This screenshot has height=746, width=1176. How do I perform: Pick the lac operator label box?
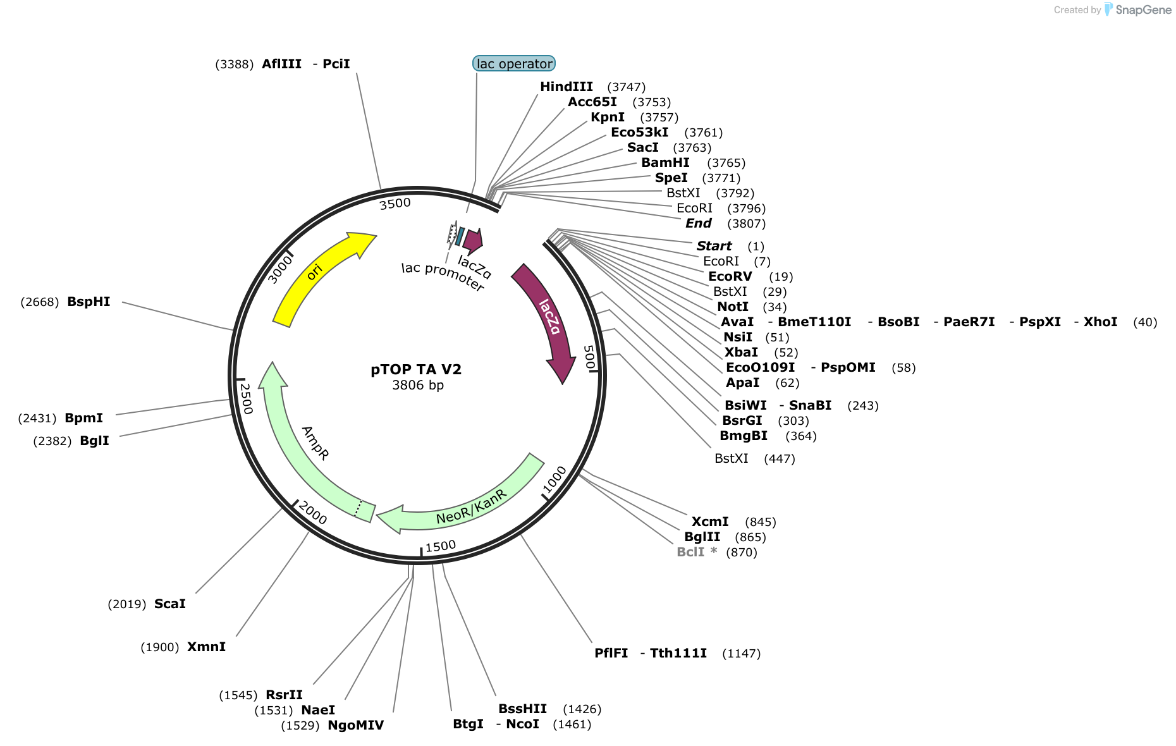point(514,63)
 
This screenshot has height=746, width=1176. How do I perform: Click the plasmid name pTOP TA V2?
point(416,369)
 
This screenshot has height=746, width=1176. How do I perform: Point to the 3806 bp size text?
point(418,385)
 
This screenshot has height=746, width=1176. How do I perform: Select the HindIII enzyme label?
point(567,87)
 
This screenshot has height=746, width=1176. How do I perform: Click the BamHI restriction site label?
point(665,162)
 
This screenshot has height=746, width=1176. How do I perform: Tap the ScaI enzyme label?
point(170,604)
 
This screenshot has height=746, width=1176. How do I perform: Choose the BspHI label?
point(89,302)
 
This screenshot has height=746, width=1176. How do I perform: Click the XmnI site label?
point(206,647)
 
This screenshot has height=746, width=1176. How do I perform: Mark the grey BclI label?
point(690,552)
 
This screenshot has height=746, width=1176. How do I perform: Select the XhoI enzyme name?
point(1100,322)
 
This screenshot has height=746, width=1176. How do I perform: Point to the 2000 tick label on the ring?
point(312,512)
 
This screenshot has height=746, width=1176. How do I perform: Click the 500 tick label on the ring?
point(589,357)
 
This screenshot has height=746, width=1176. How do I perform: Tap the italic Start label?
point(714,246)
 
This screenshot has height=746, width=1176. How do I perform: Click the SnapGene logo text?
point(1144,9)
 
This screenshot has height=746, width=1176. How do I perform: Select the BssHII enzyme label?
point(522,709)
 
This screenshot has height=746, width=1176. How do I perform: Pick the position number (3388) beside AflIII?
point(235,64)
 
